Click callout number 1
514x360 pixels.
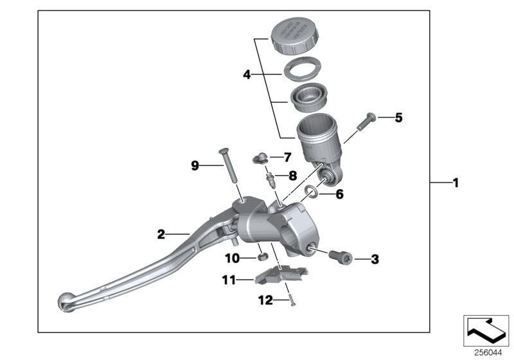coord(455,183)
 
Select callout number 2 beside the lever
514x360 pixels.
coord(161,234)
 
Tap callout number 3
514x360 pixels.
coord(375,260)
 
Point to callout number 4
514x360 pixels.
coord(246,75)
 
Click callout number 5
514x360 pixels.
coord(380,118)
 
